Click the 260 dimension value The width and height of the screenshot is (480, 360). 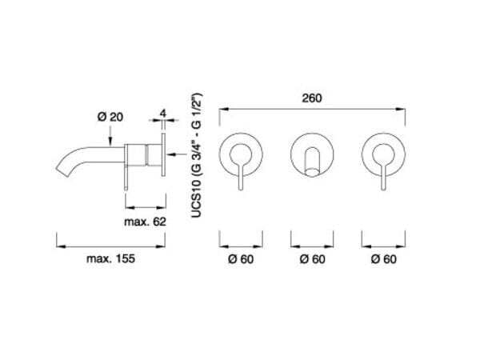click(x=312, y=98)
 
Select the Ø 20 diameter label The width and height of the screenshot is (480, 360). click(x=110, y=117)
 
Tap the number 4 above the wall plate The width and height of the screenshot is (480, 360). click(x=163, y=114)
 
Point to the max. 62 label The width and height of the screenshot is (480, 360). click(x=145, y=222)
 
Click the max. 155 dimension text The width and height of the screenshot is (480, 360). click(x=110, y=258)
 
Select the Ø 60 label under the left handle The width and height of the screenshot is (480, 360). click(x=241, y=259)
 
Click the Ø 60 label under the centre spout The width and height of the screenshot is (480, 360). click(x=312, y=259)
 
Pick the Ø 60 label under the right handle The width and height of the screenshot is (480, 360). click(x=383, y=259)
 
